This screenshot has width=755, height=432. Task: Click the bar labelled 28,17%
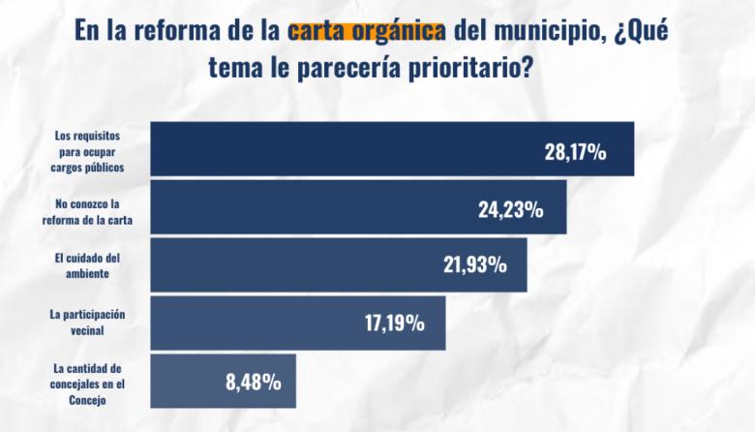[387, 149]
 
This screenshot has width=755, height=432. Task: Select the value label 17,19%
[394, 324]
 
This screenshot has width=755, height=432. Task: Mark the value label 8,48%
[254, 382]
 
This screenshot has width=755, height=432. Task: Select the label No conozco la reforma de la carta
[88, 212]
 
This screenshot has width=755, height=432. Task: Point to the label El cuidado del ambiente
[88, 266]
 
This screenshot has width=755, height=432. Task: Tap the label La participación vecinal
[88, 323]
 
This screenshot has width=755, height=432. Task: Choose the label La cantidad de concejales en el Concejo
[87, 383]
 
